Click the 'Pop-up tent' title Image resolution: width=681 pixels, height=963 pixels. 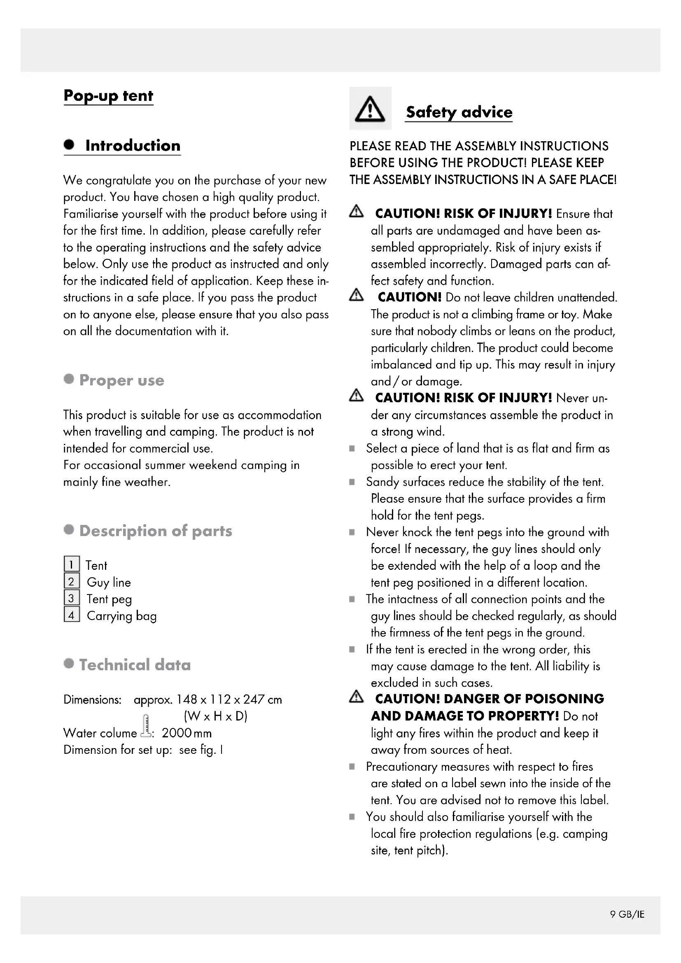coord(108,96)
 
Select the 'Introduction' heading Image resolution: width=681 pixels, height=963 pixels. coord(133,145)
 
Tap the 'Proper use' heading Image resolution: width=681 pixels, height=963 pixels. coord(121,380)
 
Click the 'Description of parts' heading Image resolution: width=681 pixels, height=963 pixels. coord(156,531)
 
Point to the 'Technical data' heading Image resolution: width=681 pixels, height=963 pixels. coord(135,665)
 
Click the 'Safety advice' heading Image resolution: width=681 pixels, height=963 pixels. coord(459,112)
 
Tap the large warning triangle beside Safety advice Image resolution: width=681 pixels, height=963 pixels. coord(370,109)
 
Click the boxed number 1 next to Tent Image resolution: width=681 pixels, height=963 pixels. coord(72,564)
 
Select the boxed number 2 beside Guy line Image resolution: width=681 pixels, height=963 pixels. coord(72,581)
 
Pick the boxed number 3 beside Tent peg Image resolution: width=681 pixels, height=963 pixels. coord(72,598)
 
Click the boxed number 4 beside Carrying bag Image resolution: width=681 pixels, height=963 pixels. coord(72,615)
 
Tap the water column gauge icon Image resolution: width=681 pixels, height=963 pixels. coord(146,725)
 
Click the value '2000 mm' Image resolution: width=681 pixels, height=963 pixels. coord(187,733)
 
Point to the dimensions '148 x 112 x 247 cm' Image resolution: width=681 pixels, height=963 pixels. coord(229,699)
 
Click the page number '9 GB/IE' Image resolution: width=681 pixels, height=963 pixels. coord(627,914)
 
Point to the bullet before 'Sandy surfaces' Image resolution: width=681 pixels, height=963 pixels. coord(352,482)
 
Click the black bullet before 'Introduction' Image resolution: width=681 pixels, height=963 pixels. coord(69,145)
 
